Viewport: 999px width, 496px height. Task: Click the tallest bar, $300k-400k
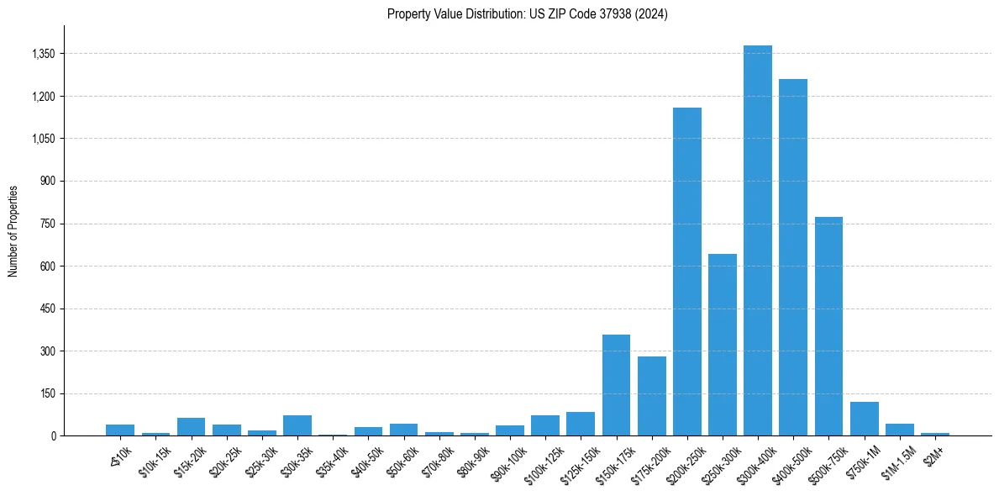point(757,240)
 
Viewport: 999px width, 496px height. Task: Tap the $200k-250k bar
point(686,272)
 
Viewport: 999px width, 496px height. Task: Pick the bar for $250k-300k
point(722,345)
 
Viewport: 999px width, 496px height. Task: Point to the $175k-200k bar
point(651,396)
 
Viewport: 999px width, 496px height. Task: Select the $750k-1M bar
point(864,419)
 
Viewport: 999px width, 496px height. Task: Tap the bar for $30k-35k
point(297,425)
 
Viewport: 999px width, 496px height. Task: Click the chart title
point(527,14)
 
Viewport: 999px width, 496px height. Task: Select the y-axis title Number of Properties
point(13,230)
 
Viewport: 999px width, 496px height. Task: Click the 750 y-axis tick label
point(47,224)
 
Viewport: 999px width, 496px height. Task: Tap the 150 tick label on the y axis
point(47,393)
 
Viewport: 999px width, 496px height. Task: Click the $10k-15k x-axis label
point(154,458)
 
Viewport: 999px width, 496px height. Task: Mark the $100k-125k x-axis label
point(542,460)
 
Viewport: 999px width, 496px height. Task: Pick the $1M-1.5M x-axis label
point(896,458)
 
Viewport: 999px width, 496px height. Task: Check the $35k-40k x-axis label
point(331,458)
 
